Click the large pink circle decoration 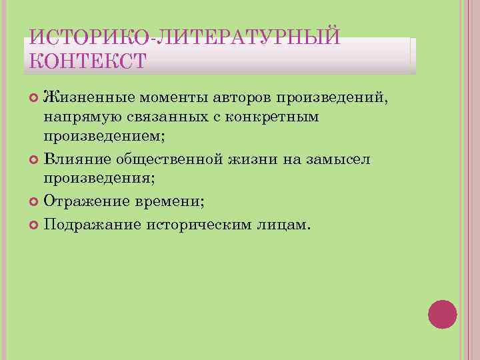pos(442,314)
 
